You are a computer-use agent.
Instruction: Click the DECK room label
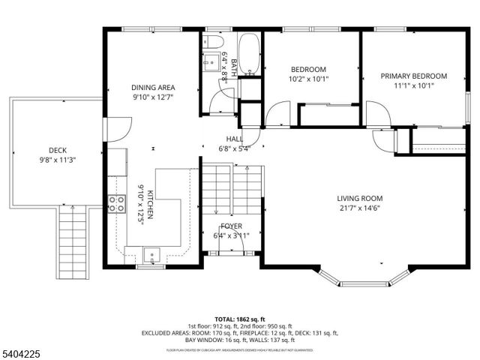[58, 150]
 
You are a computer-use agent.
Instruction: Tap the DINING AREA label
[153, 87]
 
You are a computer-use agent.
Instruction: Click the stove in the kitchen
[115, 203]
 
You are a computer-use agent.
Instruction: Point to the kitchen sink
[152, 253]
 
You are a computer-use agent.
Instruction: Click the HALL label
[235, 139]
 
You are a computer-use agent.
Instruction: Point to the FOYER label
[231, 226]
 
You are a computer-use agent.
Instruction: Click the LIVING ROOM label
[359, 199]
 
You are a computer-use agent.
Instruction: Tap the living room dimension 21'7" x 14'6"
[359, 208]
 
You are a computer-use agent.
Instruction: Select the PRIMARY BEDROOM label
[413, 76]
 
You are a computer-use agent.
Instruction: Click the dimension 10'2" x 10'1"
[308, 79]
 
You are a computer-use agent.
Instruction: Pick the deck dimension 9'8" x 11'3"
[58, 160]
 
